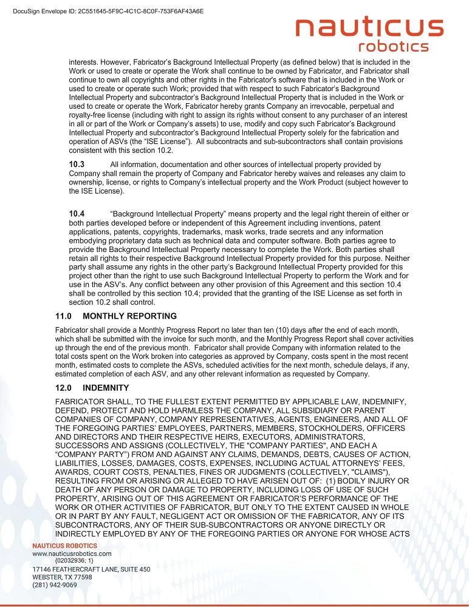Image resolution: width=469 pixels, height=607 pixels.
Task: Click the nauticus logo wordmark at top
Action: click(369, 28)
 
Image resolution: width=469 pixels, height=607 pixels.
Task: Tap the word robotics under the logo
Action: click(394, 47)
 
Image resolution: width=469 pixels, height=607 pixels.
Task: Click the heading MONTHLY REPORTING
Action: click(129, 316)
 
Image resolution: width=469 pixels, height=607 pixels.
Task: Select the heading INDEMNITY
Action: click(106, 388)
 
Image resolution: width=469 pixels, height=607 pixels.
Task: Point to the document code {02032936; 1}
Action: click(78, 561)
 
